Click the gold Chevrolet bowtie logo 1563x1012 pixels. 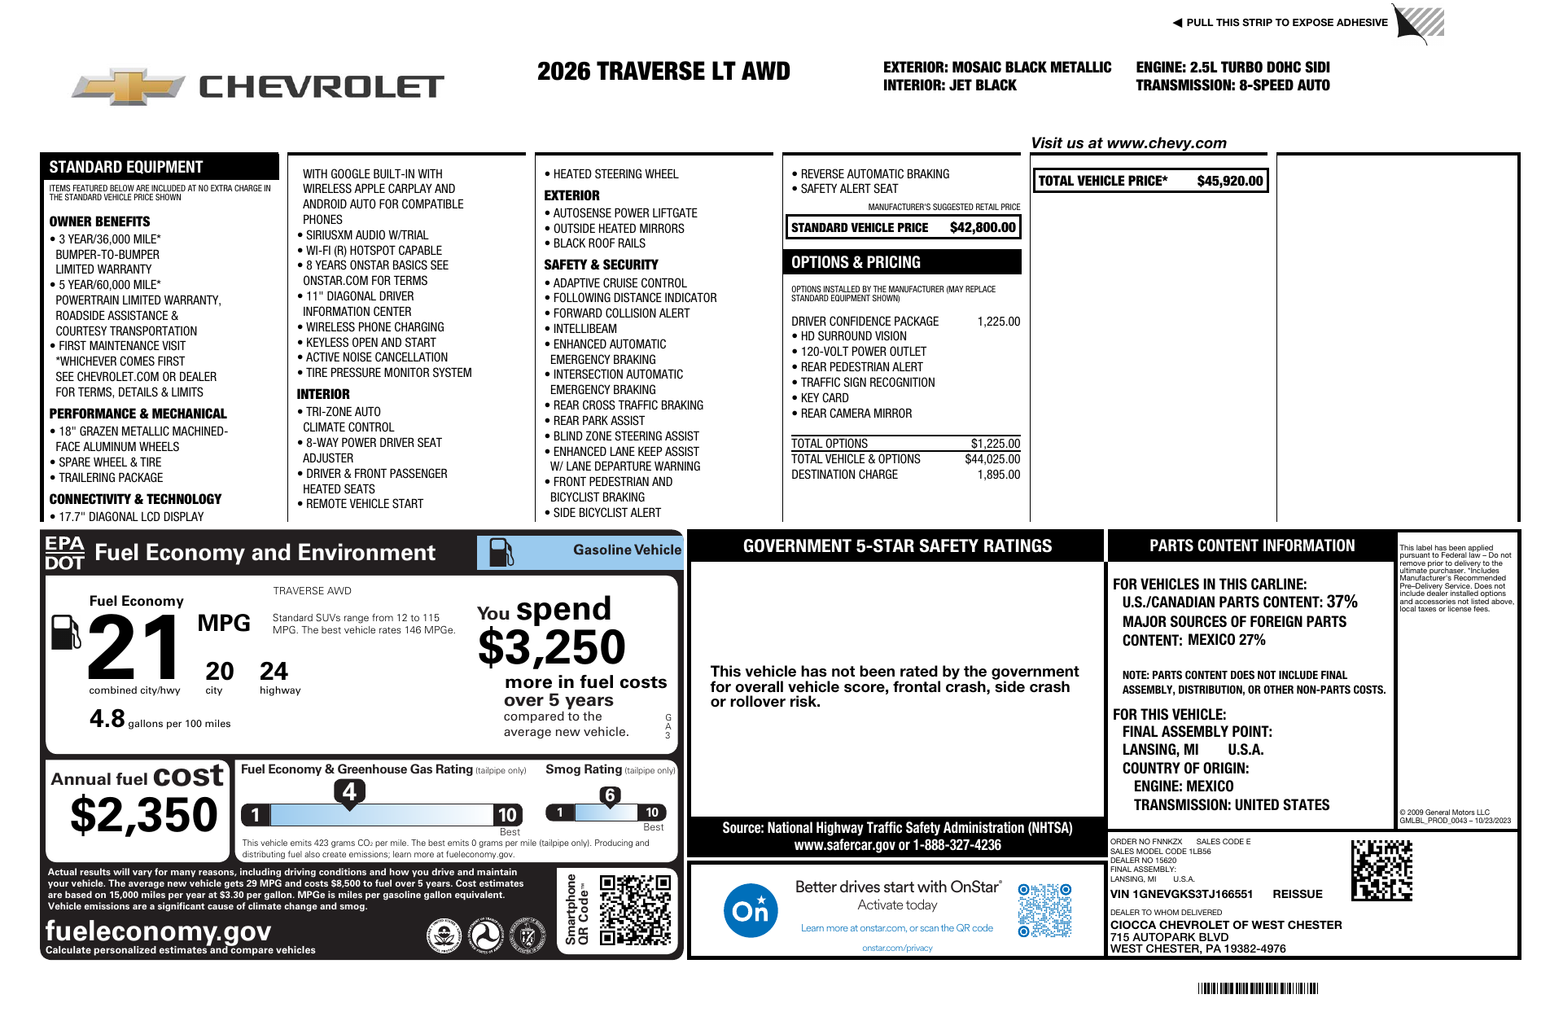128,86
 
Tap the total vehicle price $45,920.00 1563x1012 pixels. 1229,181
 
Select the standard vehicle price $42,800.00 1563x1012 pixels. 983,228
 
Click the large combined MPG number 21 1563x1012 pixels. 135,647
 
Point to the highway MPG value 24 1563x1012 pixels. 274,672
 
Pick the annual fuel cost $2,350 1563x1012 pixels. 144,815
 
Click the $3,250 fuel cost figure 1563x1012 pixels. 551,648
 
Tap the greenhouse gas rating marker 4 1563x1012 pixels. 349,791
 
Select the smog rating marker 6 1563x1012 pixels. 610,795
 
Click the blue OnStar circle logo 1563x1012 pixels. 750,910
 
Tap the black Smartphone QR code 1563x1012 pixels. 635,909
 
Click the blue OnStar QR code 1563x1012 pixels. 1044,910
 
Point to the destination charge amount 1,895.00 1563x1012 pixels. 998,475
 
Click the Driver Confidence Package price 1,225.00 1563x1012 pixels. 998,322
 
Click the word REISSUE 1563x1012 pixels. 1297,894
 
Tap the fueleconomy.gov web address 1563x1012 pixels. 158,931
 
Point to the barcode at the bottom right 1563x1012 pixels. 1258,988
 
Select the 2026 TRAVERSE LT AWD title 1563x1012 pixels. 663,72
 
